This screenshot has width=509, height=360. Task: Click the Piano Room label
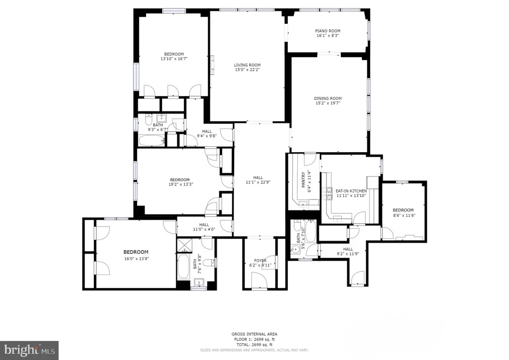328,31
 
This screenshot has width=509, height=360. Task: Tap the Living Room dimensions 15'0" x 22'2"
247,70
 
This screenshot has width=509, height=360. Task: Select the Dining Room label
328,98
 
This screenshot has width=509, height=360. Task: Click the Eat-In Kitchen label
351,191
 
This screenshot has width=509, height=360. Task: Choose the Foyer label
260,261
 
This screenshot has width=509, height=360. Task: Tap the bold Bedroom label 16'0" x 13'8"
136,252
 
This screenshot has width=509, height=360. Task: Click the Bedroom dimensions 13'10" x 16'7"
173,59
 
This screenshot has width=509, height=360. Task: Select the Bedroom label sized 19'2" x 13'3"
179,180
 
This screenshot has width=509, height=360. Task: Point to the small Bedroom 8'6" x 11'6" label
403,210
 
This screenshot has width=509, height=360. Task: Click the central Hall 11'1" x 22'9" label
257,178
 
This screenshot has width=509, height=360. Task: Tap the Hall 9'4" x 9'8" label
207,131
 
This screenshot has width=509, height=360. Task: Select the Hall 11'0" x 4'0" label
204,225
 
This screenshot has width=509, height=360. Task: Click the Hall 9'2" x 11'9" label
347,249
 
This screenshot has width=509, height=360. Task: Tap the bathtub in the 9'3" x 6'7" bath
151,140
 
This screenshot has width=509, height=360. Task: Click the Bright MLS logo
29,350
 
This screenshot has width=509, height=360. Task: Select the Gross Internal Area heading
254,334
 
